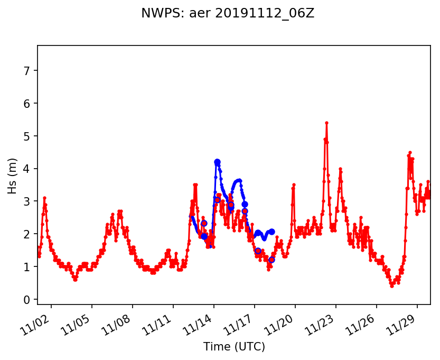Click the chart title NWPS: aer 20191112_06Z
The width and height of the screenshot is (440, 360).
(228, 14)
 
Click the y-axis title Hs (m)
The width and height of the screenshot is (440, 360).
(12, 176)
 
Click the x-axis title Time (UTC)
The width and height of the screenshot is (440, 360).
(234, 347)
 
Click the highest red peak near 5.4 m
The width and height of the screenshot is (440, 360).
(326, 123)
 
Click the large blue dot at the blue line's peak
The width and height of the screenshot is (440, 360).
(217, 162)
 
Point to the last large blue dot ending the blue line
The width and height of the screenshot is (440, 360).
(272, 232)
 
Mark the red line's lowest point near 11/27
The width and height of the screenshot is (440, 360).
(391, 286)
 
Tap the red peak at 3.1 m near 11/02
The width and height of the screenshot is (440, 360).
(44, 198)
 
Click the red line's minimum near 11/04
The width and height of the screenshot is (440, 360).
(76, 280)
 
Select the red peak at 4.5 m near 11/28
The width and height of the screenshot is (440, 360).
(410, 152)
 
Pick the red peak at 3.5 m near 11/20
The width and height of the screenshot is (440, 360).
(294, 184)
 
